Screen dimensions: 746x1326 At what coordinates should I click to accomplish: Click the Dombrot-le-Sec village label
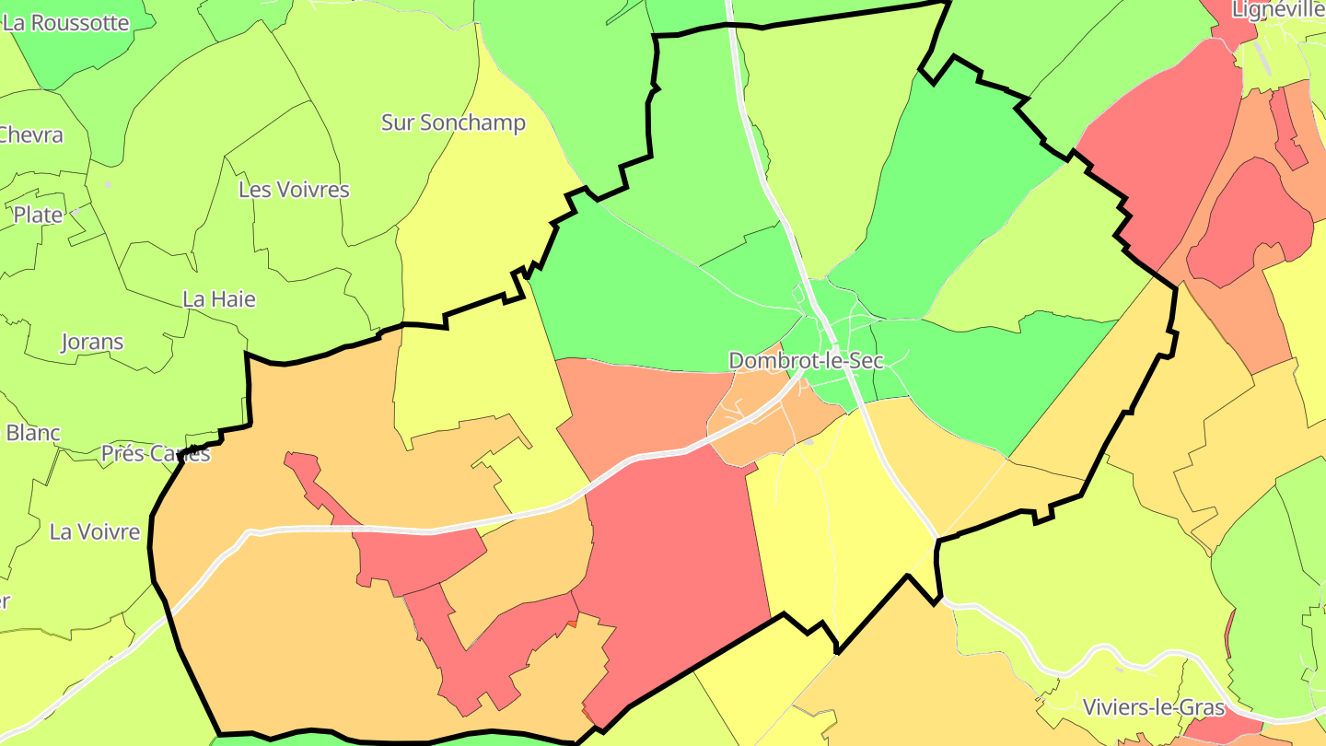pyautogui.click(x=806, y=361)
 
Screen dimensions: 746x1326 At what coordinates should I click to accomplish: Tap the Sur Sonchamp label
pyautogui.click(x=453, y=122)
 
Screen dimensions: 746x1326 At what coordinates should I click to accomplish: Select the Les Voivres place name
pyautogui.click(x=294, y=190)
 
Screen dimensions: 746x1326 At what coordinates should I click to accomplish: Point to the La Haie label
pyautogui.click(x=219, y=299)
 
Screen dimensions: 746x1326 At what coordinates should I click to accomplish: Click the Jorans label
pyautogui.click(x=92, y=342)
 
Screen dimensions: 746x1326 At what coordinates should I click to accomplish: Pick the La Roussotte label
pyautogui.click(x=65, y=23)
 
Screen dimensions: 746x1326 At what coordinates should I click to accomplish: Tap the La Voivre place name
pyautogui.click(x=95, y=531)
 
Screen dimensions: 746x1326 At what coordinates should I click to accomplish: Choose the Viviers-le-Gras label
pyautogui.click(x=1154, y=707)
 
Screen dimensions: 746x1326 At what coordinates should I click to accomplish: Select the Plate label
pyautogui.click(x=38, y=215)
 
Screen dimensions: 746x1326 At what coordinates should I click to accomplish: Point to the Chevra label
pyautogui.click(x=31, y=134)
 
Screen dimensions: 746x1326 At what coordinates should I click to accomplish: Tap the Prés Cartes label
pyautogui.click(x=156, y=453)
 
